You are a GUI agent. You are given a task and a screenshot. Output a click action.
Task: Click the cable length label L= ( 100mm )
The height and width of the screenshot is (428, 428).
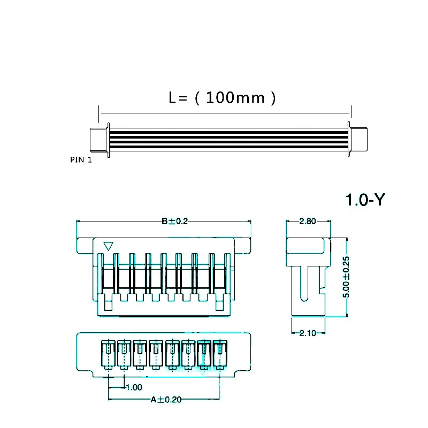[222, 98]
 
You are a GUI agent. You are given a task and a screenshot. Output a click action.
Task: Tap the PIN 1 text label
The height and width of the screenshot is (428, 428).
[81, 159]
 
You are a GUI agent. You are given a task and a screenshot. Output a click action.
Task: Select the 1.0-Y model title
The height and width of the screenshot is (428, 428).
[365, 200]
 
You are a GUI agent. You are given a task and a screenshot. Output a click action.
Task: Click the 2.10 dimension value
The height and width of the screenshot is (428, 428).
[308, 333]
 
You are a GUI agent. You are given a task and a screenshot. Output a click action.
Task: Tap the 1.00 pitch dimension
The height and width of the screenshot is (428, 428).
[133, 387]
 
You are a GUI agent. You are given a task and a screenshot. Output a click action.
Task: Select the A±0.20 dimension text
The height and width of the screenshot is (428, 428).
[166, 399]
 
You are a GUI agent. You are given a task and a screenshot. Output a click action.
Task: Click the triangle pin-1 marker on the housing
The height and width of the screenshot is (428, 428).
[109, 246]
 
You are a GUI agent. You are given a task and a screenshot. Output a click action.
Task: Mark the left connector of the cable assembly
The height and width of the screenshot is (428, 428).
[99, 140]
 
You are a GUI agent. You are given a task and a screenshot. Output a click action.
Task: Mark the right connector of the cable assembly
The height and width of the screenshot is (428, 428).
[358, 140]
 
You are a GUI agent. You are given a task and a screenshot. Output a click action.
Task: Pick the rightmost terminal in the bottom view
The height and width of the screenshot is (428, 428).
[220, 354]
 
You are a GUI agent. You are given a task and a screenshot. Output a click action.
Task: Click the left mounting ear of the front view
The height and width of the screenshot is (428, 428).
[85, 246]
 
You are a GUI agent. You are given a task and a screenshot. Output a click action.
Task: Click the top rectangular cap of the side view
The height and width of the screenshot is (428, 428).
[308, 246]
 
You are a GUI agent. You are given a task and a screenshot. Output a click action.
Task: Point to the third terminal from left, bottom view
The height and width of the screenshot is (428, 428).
[140, 354]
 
